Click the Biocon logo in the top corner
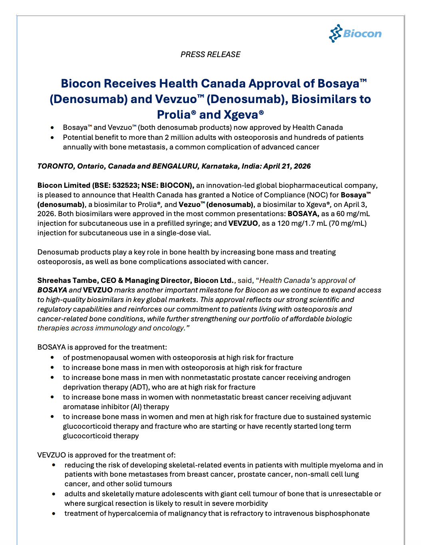point(355,34)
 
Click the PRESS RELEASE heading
point(210,54)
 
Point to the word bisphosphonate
point(342,513)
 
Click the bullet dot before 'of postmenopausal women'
point(52,358)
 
